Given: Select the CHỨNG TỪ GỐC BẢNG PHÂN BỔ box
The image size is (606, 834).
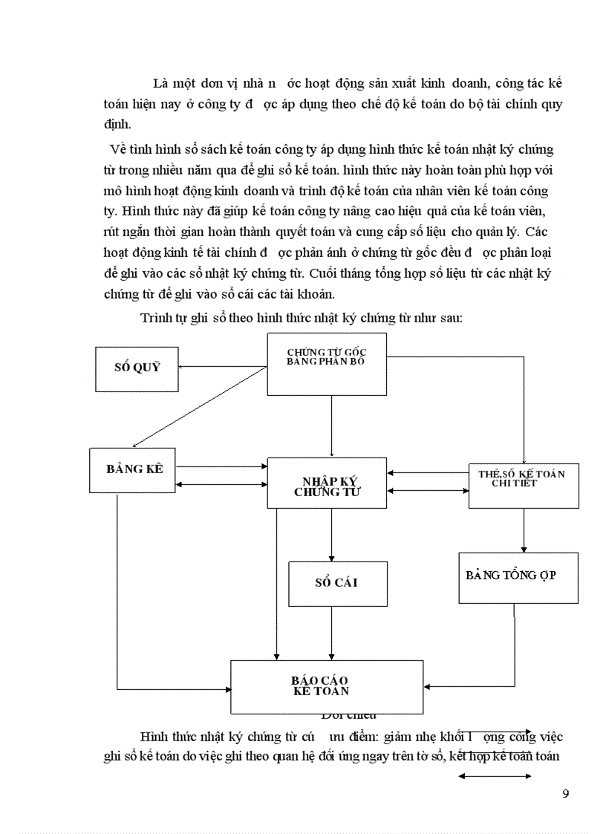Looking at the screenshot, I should [x=327, y=363].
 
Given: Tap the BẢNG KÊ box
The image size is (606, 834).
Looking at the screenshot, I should [x=134, y=469].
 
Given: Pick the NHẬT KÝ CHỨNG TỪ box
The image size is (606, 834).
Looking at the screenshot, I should [x=327, y=483].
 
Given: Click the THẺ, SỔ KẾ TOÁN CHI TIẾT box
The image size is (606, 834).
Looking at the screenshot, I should [x=524, y=485].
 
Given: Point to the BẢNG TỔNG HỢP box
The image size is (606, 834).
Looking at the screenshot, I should [x=518, y=576].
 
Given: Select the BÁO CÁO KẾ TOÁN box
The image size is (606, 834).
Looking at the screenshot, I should [x=327, y=686].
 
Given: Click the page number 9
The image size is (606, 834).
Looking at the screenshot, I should [x=566, y=793].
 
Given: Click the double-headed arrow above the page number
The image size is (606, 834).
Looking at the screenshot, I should [x=495, y=776].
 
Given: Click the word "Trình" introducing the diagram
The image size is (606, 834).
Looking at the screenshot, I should [x=156, y=319].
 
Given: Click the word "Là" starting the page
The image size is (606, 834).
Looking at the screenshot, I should [x=160, y=82].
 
